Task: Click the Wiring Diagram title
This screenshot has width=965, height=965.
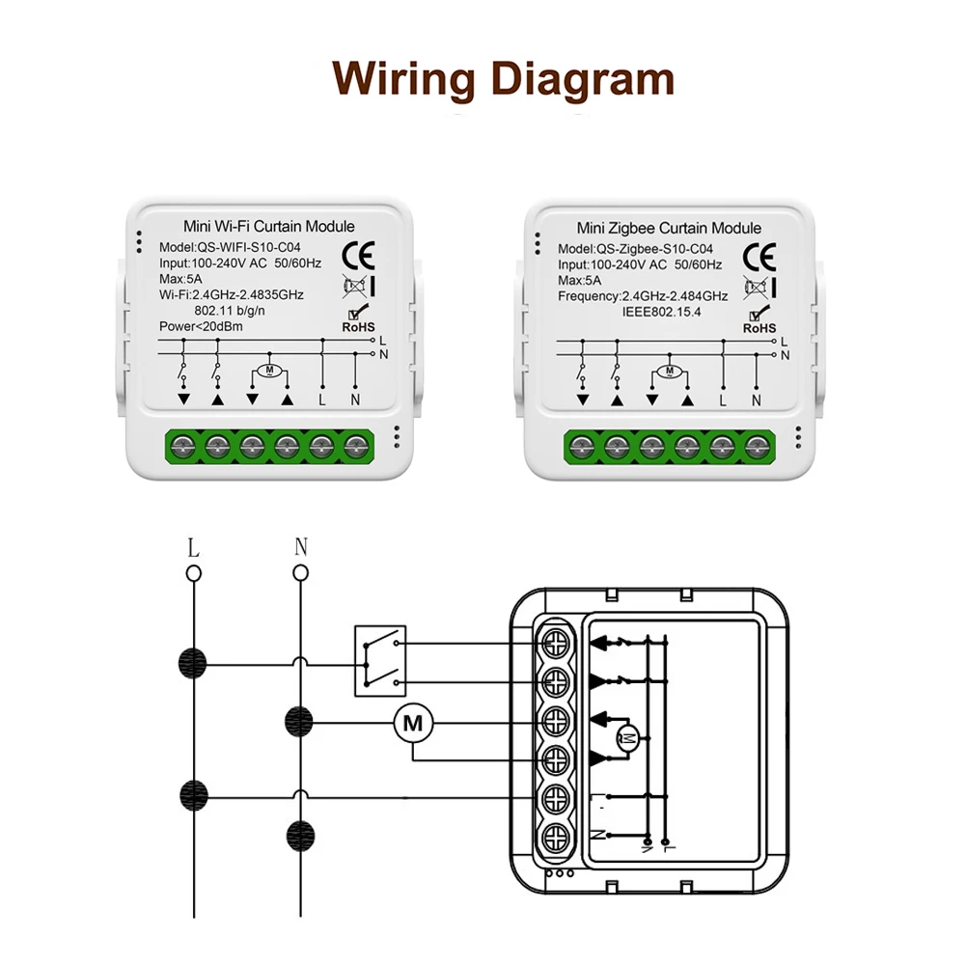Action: pos(503,78)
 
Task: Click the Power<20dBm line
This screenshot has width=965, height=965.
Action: pos(201,326)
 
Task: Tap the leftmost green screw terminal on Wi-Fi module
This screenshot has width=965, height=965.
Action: pos(182,446)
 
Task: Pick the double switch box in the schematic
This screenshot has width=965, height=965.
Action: pos(380,661)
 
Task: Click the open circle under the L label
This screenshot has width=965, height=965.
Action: pos(194,573)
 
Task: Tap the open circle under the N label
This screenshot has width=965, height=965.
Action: pos(301,573)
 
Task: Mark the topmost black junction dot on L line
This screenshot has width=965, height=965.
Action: pos(194,663)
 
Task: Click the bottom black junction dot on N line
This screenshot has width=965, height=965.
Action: pos(301,834)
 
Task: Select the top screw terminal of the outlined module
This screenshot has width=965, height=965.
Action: pos(556,642)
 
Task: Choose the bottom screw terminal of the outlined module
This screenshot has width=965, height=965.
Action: pos(556,835)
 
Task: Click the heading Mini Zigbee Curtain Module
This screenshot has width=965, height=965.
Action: pos(669,229)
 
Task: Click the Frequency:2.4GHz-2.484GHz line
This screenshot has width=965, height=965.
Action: pos(643,297)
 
